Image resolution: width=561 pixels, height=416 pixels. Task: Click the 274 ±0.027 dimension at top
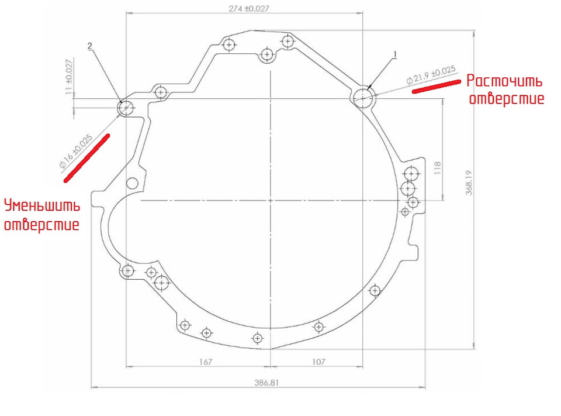pos(249,8)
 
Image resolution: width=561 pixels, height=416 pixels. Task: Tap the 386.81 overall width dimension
pos(266,383)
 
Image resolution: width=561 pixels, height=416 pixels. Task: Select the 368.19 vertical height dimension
pos(469,183)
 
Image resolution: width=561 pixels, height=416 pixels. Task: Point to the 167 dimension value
pos(206,362)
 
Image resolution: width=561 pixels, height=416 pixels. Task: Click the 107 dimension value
pos(318,362)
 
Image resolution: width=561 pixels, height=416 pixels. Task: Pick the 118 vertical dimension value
pos(438,168)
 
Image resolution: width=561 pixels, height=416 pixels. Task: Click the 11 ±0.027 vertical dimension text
pos(69,77)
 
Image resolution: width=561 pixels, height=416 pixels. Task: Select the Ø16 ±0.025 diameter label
pos(76,151)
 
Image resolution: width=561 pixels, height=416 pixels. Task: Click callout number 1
pos(395,54)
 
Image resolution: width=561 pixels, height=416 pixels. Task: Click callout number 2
pos(89,46)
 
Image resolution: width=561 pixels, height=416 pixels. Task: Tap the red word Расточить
pos(504,81)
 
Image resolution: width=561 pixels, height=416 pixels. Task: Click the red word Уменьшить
pos(42,206)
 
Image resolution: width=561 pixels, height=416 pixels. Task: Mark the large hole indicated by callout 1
pos(363,98)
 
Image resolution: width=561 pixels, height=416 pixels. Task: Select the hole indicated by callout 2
pos(126,108)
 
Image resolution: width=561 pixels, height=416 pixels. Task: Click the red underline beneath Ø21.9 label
pos(437,87)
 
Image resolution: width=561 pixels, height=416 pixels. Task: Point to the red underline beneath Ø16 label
pos(86,158)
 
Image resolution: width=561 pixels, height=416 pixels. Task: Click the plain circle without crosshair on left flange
pos(132,183)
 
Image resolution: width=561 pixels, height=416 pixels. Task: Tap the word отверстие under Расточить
pos(507,98)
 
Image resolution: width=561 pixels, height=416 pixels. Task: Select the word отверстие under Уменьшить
pos(41,225)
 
